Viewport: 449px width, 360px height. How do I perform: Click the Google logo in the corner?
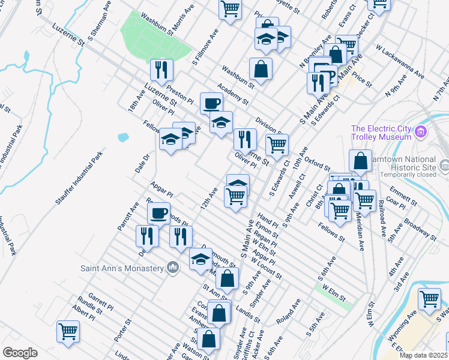click(x=20, y=353)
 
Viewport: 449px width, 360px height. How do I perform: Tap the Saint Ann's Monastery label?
click(x=123, y=267)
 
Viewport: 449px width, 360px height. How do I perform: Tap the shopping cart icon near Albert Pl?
click(x=68, y=331)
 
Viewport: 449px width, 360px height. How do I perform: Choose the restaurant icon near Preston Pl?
click(x=161, y=70)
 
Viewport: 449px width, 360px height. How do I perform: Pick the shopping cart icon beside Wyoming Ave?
click(x=430, y=299)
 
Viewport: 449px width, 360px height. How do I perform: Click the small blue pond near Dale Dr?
click(x=124, y=137)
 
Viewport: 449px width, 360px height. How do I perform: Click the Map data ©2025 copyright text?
click(x=423, y=355)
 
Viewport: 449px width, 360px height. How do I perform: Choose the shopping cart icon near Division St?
click(x=277, y=144)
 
